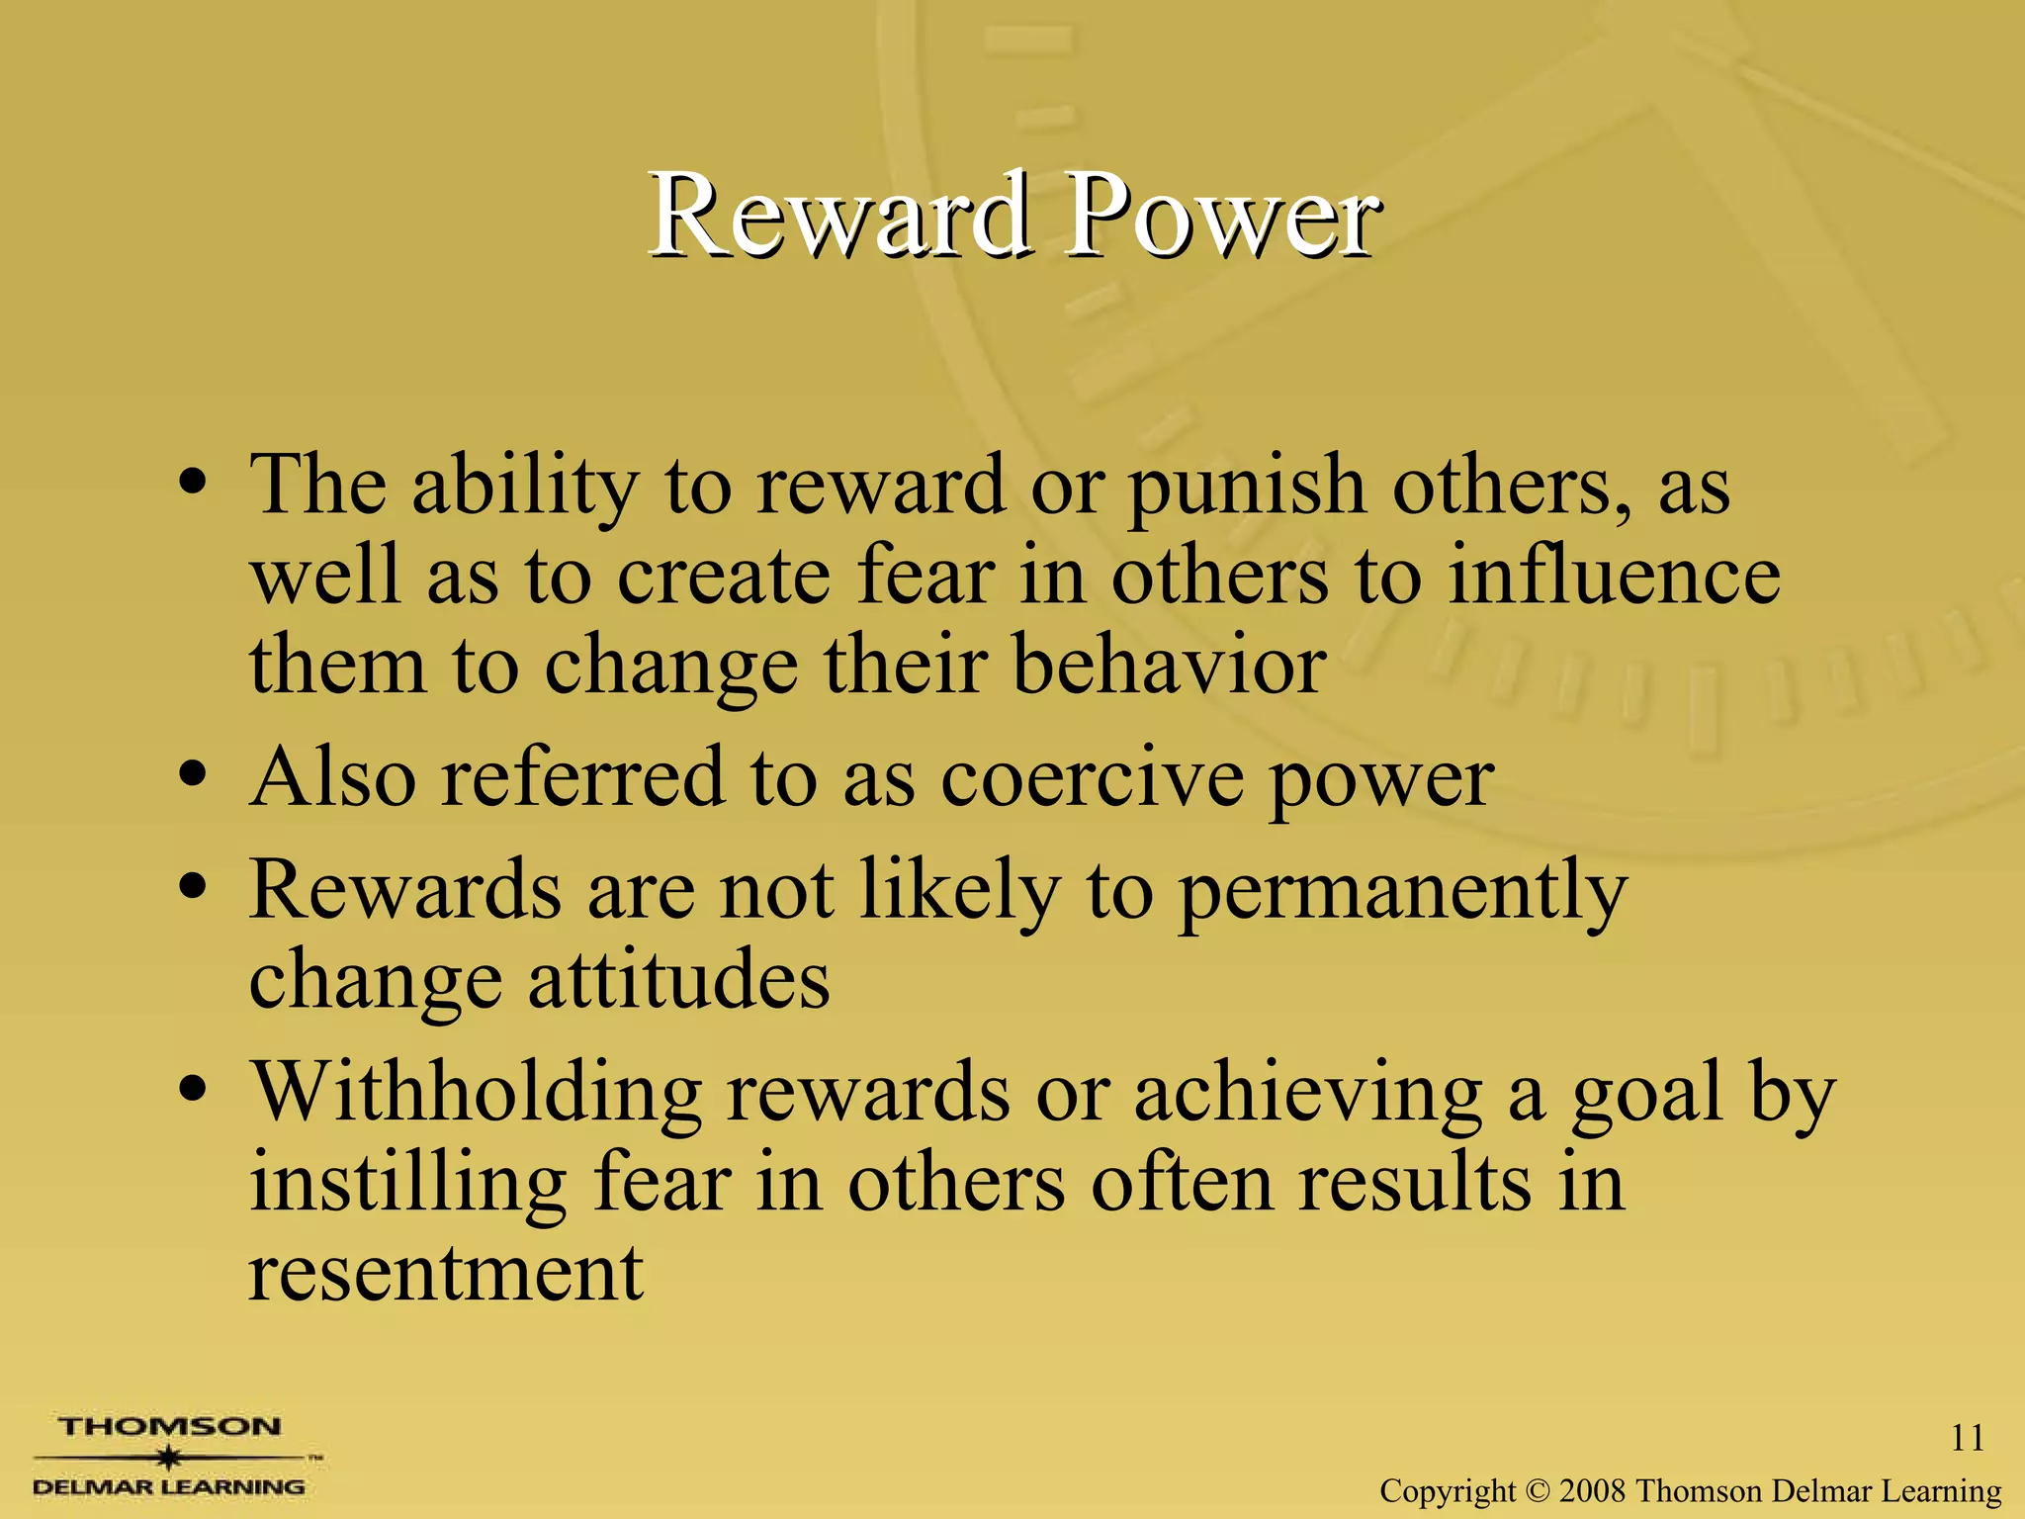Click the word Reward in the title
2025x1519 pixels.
click(x=838, y=216)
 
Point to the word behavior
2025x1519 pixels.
click(x=1169, y=666)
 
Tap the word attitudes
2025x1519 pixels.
click(x=678, y=980)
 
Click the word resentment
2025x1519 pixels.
click(x=446, y=1273)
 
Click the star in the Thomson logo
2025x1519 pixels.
click(x=171, y=1457)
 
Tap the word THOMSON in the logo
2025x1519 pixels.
click(x=169, y=1427)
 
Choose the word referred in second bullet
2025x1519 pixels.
click(x=582, y=778)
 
